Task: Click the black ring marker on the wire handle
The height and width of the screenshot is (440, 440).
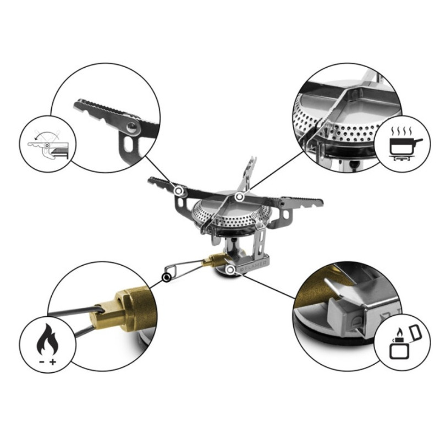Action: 166,278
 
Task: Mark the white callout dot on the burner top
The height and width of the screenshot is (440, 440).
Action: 239,196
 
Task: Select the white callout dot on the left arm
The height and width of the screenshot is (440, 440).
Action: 179,190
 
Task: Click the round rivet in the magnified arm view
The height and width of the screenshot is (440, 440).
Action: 130,128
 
